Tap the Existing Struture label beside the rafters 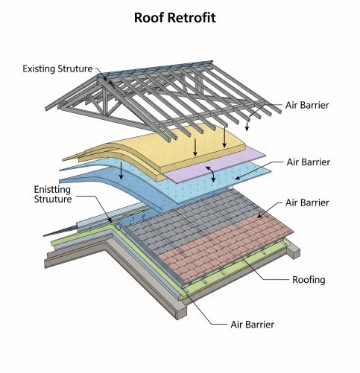pos(57,68)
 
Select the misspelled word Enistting pos(52,190)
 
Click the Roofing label pos(309,280)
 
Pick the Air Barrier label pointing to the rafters pos(307,105)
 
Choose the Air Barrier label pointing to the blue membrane pos(309,162)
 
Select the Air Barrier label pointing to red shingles pos(307,203)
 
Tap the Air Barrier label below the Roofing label pos(253,325)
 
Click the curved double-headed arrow pos(212,173)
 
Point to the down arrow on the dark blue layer pos(121,170)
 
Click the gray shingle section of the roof pos(189,218)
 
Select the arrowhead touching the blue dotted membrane pos(237,178)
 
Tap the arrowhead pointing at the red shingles pos(259,216)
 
